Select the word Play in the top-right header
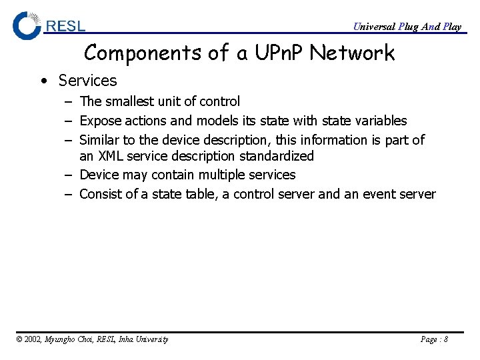pyautogui.click(x=451, y=27)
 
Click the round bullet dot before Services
pyautogui.click(x=43, y=81)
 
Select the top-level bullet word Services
pyautogui.click(x=87, y=81)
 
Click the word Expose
pyautogui.click(x=101, y=121)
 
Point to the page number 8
pyautogui.click(x=445, y=339)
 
